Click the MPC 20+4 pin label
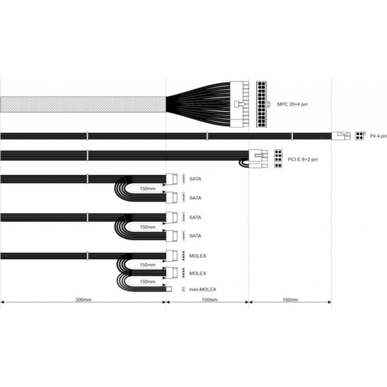[292, 104]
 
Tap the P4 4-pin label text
[378, 136]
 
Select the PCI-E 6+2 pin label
[303, 160]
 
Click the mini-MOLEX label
[203, 289]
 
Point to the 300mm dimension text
[83, 299]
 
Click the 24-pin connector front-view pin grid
[261, 104]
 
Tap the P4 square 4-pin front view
[360, 136]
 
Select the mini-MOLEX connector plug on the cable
[169, 289]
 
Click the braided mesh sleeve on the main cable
[83, 104]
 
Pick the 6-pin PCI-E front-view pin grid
[278, 156]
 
